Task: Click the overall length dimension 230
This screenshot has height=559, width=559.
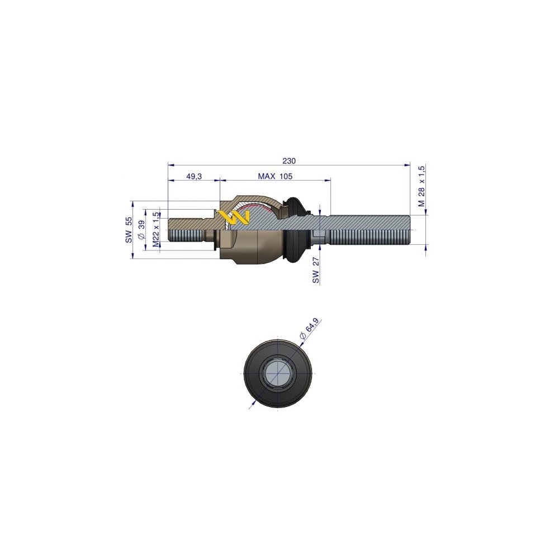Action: point(288,160)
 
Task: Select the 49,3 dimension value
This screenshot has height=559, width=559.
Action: point(193,176)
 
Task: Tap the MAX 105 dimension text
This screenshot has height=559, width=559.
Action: point(275,176)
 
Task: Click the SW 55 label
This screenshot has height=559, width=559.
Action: point(128,230)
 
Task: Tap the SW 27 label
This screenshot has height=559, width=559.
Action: point(316,269)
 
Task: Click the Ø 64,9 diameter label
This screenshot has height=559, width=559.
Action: point(309,329)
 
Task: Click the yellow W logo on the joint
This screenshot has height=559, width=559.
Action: point(234,217)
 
